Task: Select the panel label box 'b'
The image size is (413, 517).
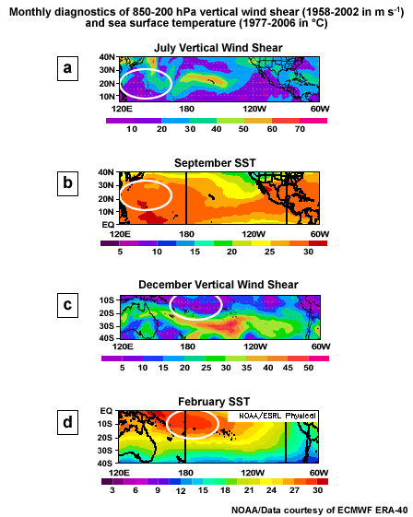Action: coord(67,184)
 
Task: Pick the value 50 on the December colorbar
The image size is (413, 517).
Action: coord(309,369)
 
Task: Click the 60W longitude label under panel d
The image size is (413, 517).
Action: coord(319,471)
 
